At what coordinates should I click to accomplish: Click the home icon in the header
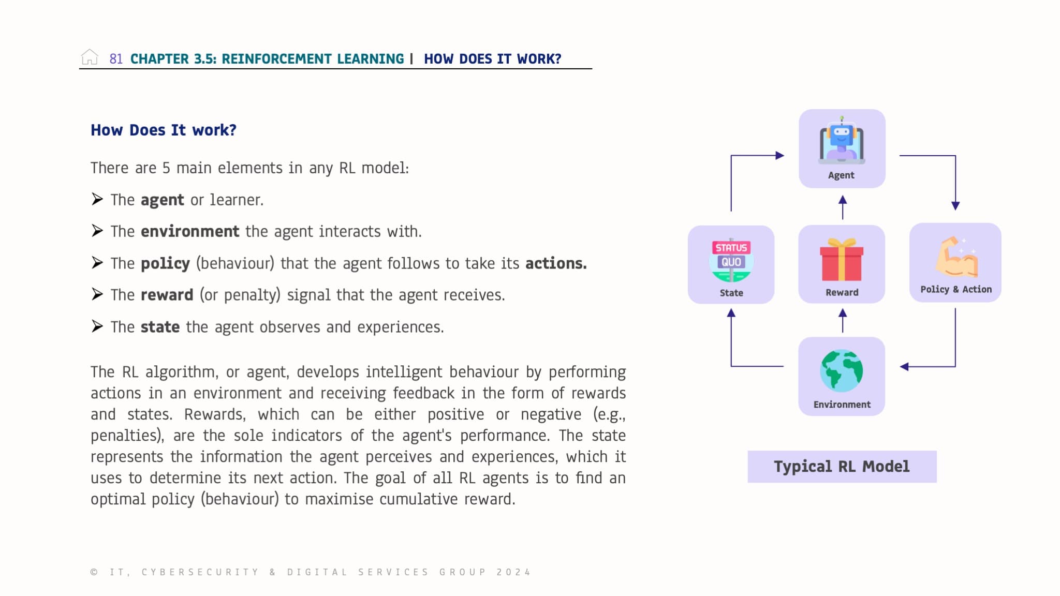90,57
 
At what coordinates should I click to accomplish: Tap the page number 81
116,59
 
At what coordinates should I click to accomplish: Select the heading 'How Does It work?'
163,130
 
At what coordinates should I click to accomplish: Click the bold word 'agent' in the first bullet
162,200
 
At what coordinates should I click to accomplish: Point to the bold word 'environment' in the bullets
189,231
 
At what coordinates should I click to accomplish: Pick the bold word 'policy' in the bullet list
165,263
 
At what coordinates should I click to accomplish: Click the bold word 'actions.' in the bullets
556,263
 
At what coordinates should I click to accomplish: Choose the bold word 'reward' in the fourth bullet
167,295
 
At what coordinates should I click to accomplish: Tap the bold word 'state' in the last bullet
160,327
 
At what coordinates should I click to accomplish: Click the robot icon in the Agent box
842,141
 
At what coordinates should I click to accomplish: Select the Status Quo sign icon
731,259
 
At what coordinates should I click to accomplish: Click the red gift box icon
842,260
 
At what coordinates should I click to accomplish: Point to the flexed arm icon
955,257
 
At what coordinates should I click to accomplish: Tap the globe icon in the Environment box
842,370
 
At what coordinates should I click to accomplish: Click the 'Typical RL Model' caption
842,467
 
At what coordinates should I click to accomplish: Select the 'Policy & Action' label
955,289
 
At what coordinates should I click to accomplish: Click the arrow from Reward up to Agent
843,207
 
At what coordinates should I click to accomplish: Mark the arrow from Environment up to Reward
843,320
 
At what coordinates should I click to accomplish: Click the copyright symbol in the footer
94,572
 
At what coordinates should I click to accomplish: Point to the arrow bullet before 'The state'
97,326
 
